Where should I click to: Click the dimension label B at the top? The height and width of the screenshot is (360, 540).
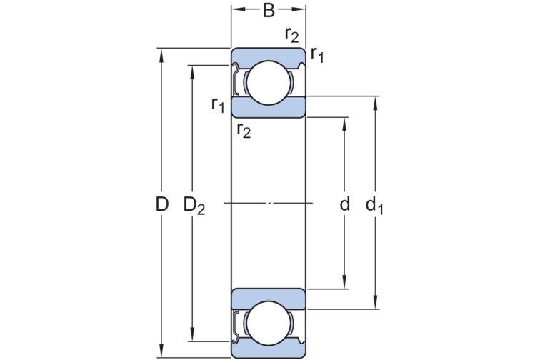pyautogui.click(x=269, y=10)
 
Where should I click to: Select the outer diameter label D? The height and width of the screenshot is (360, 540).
pyautogui.click(x=162, y=204)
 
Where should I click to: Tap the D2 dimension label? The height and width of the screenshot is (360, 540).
pyautogui.click(x=194, y=206)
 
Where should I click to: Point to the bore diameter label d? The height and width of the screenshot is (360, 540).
pyautogui.click(x=345, y=204)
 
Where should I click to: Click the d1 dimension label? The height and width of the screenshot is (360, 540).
pyautogui.click(x=374, y=206)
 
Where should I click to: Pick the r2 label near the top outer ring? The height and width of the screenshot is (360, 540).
pyautogui.click(x=292, y=34)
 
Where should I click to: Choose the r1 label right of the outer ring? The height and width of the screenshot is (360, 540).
pyautogui.click(x=317, y=54)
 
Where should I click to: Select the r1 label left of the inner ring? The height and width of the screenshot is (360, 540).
pyautogui.click(x=218, y=104)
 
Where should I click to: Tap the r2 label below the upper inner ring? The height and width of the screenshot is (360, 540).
pyautogui.click(x=244, y=130)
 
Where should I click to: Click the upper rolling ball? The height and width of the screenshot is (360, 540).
pyautogui.click(x=269, y=83)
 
